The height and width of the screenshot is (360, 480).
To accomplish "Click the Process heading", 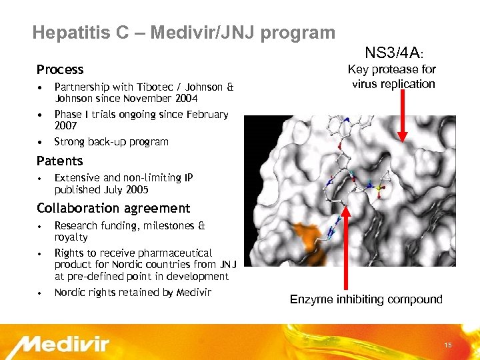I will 60,69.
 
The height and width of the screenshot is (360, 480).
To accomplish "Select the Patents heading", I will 60,161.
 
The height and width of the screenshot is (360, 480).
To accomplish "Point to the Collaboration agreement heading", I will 113,208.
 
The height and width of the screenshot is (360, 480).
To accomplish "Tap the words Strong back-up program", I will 111,141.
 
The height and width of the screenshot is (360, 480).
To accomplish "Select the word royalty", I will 71,237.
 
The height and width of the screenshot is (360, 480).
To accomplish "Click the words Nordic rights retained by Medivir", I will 133,292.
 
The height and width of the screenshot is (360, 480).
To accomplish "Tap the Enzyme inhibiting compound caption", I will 366,299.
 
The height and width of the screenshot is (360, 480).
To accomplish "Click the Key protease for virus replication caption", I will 393,77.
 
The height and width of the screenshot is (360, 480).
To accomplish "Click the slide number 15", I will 448,345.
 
